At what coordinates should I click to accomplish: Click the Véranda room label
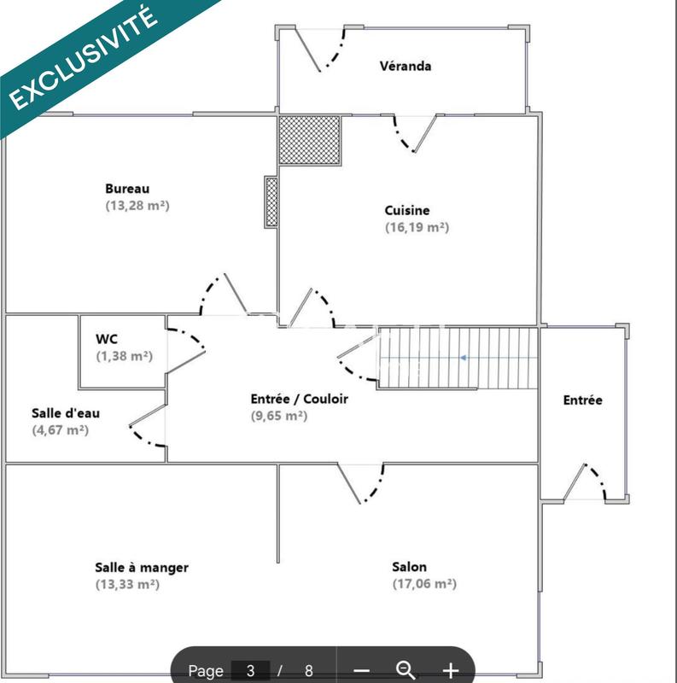point(406,66)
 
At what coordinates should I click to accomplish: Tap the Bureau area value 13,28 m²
point(137,206)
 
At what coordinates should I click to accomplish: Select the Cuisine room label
point(407,210)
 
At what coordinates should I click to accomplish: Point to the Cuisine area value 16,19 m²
point(417,228)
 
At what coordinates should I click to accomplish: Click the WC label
point(107,338)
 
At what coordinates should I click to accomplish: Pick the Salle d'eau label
point(66,413)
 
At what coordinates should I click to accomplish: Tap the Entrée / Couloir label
point(300,398)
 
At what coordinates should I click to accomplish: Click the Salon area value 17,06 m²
point(424,585)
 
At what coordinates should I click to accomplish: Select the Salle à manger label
point(142,567)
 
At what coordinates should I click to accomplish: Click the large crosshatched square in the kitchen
point(309,140)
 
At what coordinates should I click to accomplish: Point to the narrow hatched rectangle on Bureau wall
point(271,201)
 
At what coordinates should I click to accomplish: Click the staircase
point(458,359)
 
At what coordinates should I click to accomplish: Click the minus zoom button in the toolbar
point(361,671)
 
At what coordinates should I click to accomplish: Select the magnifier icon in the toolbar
point(406,670)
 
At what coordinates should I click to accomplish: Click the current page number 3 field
point(250,671)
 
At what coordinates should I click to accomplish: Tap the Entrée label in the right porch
point(583,400)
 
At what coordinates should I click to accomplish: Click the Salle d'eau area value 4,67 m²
point(60,430)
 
